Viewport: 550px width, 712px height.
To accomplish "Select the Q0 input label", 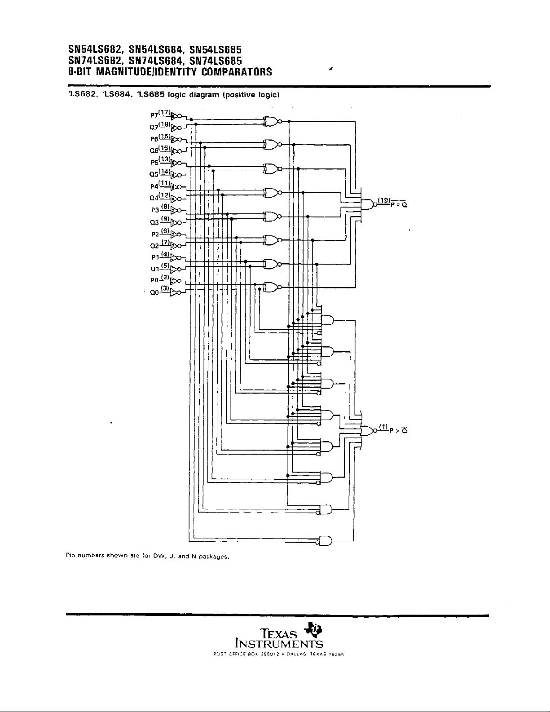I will pyautogui.click(x=154, y=293).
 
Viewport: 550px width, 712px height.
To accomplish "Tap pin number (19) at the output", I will pyautogui.click(x=383, y=200).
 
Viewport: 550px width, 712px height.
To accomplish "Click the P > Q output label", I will pyautogui.click(x=398, y=431).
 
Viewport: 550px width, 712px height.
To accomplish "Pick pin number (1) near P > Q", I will pyautogui.click(x=383, y=426).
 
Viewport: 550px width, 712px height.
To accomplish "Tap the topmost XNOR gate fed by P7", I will pyautogui.click(x=271, y=121).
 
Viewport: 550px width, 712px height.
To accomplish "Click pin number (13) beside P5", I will pyautogui.click(x=164, y=159).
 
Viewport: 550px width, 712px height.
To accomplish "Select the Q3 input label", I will pyautogui.click(x=154, y=222).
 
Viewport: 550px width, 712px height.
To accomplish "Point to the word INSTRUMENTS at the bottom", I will pyautogui.click(x=279, y=644).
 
